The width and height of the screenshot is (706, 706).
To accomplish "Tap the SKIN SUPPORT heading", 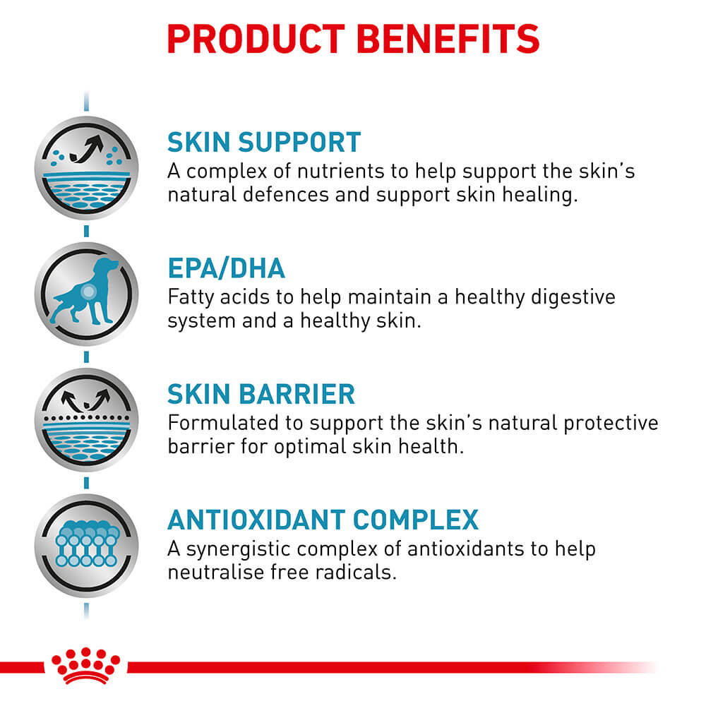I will click(263, 142).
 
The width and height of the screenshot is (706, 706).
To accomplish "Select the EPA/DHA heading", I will click(226, 268).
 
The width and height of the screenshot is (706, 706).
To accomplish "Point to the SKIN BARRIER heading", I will click(261, 395).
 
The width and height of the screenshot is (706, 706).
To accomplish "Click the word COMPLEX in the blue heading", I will click(416, 520).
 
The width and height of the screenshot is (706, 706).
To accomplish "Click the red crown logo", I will click(85, 666).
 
